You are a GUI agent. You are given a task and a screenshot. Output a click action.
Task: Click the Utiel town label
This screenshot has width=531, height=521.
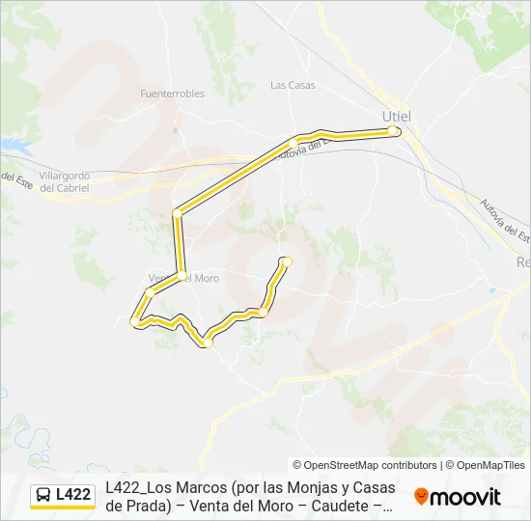[x=397, y=117]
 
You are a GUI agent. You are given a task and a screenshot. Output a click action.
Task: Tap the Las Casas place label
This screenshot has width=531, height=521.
[x=293, y=85]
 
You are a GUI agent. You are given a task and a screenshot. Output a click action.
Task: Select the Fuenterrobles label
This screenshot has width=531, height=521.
[x=172, y=94]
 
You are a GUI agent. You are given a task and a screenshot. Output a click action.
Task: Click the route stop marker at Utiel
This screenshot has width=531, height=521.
[x=392, y=130]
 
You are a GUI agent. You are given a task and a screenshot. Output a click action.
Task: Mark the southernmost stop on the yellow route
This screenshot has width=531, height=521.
[x=207, y=342]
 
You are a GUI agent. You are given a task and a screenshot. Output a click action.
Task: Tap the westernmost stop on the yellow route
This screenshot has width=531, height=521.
[x=134, y=322]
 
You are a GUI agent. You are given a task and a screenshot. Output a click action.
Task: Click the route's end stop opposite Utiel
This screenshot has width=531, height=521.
[x=286, y=260]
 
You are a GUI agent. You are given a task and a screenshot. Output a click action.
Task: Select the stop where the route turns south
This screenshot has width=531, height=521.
[x=177, y=213]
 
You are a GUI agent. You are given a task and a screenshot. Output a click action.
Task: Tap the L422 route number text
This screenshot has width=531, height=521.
[x=73, y=495]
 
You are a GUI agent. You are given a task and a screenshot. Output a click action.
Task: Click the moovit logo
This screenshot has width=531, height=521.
[x=458, y=497]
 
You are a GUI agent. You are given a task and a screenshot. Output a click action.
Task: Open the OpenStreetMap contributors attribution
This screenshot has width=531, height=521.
[x=365, y=465]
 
